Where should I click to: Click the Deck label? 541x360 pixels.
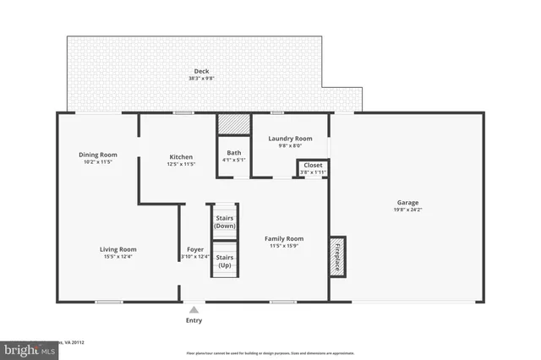point(200,71)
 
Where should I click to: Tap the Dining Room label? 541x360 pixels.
point(98,155)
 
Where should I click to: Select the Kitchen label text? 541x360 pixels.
point(181,157)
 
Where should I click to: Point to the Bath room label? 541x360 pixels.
point(232,153)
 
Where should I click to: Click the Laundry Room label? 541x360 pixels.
point(290,138)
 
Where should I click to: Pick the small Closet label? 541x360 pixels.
point(313,166)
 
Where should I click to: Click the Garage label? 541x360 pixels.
point(408,202)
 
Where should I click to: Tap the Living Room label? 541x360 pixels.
point(119,249)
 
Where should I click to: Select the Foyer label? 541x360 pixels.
point(194,249)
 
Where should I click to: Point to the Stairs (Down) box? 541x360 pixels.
point(225,221)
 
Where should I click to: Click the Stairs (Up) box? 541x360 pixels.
point(225,260)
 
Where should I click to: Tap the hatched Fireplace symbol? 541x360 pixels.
point(337,257)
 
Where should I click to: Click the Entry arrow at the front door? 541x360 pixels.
point(194,310)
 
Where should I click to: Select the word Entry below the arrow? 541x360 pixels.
point(194,321)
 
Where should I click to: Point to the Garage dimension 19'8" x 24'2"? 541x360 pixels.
point(408,210)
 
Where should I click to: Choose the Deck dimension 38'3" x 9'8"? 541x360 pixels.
point(200,79)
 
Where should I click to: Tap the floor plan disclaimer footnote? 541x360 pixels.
point(270,353)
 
